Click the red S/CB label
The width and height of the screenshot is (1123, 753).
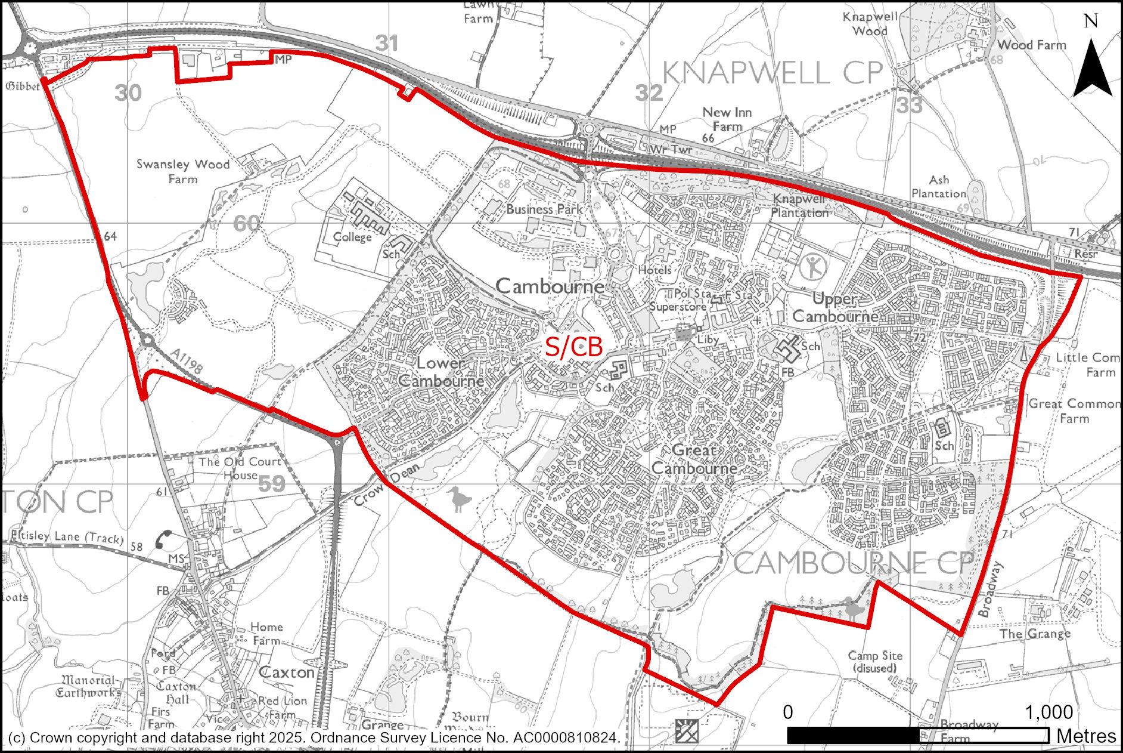573,347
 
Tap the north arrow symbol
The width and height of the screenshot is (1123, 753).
1091,68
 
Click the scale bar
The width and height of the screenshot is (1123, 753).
917,735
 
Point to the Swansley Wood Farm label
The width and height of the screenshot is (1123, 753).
182,171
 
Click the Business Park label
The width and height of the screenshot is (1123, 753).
544,209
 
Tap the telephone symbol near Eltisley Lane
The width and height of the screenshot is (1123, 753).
163,539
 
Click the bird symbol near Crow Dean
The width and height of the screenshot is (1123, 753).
459,499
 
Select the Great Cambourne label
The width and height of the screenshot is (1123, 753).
694,459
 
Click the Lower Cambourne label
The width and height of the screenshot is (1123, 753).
441,372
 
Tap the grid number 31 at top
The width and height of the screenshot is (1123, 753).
387,43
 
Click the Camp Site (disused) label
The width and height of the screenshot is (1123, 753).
874,662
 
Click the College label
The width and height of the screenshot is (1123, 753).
352,237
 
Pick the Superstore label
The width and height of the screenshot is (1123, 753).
677,307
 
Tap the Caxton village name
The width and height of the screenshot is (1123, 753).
287,672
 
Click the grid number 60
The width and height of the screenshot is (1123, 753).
246,223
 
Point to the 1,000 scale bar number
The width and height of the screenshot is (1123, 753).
1048,712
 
